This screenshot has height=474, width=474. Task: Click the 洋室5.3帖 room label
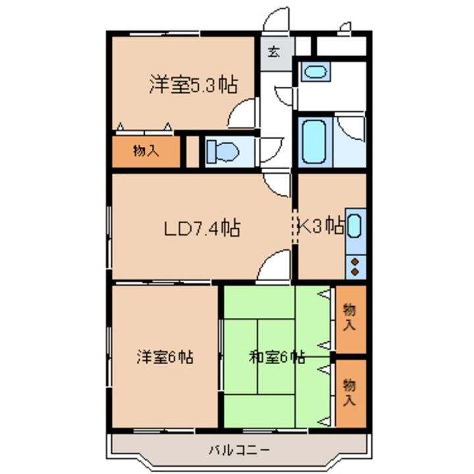coord(194,85)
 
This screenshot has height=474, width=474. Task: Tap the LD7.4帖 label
coord(202,228)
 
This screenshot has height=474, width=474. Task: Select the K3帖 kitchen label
coord(321,226)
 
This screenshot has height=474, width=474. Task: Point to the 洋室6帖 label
coord(165,357)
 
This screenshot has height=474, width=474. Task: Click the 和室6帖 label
coord(276,357)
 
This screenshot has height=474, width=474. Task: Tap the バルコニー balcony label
coord(239,450)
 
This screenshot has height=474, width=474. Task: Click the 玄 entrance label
coord(274,52)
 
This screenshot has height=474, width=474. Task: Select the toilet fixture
coord(223,152)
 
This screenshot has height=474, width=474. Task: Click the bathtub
coord(315,142)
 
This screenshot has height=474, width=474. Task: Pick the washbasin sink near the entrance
coord(316,72)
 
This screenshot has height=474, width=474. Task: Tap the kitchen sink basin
coord(354,226)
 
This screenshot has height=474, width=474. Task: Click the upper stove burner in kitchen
coord(355,261)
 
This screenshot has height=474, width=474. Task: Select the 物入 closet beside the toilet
coord(146,151)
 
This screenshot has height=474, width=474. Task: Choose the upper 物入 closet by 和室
coord(351,319)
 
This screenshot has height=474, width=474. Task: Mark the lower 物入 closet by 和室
coord(351,393)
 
